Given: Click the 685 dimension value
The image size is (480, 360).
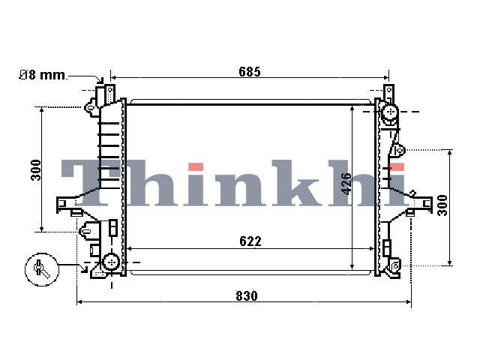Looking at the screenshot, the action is click(x=250, y=72).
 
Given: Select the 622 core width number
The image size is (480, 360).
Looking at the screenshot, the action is click(x=250, y=241).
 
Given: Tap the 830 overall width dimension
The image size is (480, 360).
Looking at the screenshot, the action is click(x=247, y=296).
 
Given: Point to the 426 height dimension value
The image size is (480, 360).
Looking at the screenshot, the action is click(x=346, y=184).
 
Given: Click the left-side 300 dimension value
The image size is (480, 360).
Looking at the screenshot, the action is click(x=36, y=170).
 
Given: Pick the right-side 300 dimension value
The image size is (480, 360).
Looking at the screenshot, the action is click(x=442, y=205).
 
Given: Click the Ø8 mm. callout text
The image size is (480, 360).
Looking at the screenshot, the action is click(x=43, y=75).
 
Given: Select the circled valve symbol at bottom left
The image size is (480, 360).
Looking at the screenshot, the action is click(x=42, y=270).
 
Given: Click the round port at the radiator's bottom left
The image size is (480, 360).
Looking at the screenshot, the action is click(x=111, y=262).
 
